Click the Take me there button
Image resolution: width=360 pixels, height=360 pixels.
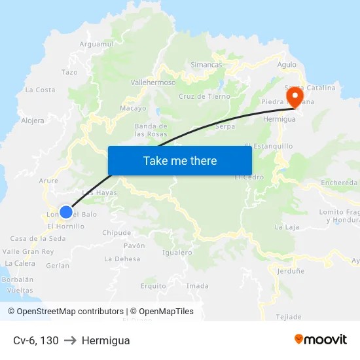(180, 160)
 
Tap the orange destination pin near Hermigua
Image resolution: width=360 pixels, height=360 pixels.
(295, 98)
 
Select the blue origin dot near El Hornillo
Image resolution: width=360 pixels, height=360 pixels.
(66, 212)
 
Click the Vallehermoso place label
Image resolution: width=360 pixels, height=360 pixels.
(153, 83)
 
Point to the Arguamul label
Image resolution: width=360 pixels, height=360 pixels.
(96, 44)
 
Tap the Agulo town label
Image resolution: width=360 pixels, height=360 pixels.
(287, 65)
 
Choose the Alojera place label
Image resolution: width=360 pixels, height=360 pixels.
(33, 120)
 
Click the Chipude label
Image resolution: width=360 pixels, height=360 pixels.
(117, 233)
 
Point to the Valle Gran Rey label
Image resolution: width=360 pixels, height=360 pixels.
(28, 251)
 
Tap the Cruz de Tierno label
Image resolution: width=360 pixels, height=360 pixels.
(204, 96)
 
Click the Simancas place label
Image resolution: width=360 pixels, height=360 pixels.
(206, 65)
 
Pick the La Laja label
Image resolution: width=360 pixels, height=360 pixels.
(286, 227)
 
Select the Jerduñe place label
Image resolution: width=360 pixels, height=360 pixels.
(291, 270)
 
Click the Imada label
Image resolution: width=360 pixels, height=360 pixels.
(198, 286)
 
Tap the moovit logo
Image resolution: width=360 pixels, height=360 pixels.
(320, 339)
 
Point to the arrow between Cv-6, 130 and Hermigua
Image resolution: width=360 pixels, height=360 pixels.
(70, 340)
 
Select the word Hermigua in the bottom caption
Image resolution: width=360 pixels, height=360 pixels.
(105, 340)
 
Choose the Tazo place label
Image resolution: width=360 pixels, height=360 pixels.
(69, 72)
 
